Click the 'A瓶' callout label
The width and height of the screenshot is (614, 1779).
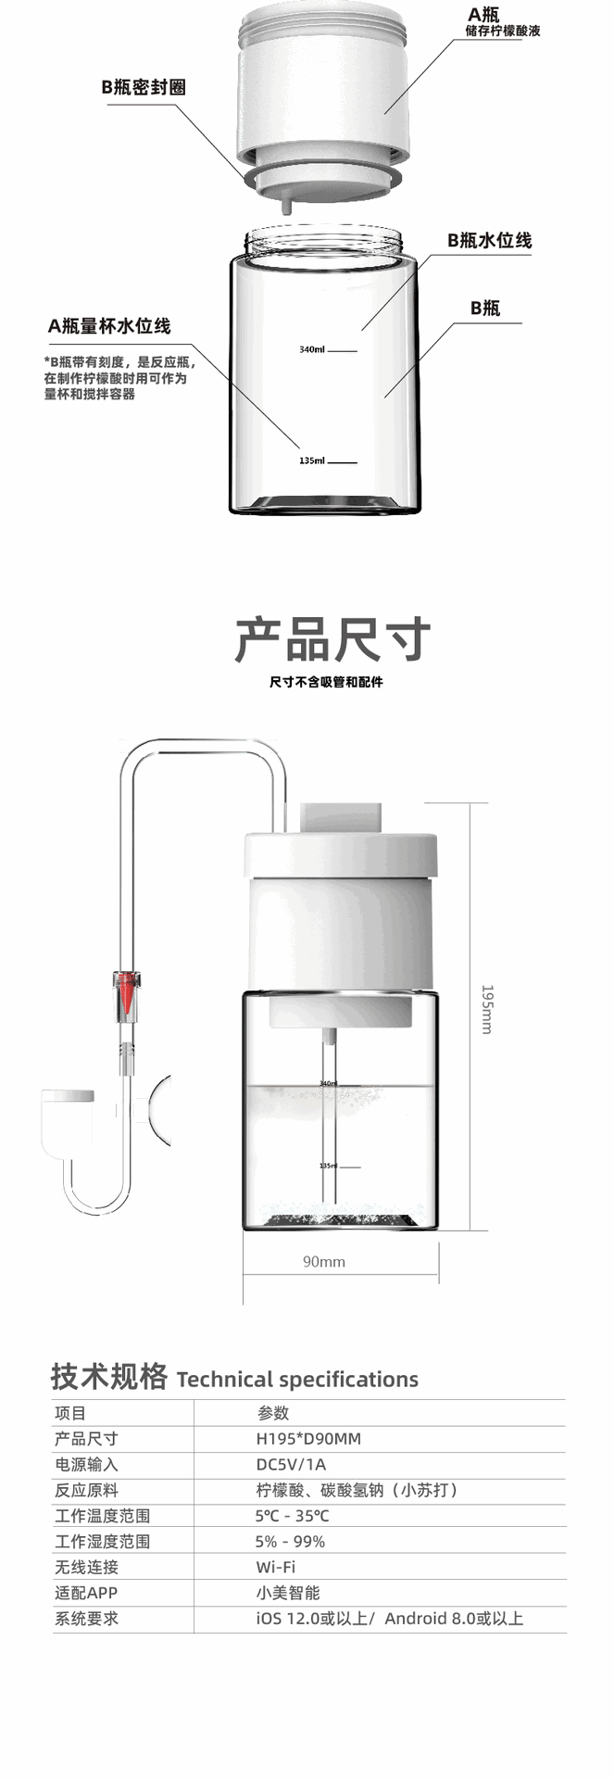(x=483, y=14)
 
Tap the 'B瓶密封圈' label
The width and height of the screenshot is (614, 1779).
(x=144, y=87)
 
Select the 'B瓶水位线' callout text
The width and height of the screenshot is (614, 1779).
(x=489, y=240)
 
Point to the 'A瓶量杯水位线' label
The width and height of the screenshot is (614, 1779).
(x=109, y=326)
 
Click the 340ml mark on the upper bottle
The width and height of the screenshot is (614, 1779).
(x=313, y=350)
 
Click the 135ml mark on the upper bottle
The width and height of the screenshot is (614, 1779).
(x=313, y=461)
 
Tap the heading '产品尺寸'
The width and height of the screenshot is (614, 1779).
(x=332, y=639)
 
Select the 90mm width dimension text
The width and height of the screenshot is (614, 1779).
(x=324, y=1261)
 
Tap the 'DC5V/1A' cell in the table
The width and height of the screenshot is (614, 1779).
(x=291, y=1465)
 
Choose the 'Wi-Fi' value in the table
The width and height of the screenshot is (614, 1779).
(x=276, y=1567)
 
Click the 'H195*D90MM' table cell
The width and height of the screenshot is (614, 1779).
(x=308, y=1439)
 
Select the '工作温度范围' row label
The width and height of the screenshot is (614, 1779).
(x=102, y=1516)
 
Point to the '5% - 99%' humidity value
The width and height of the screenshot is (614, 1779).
(x=290, y=1542)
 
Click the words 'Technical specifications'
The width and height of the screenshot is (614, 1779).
(x=297, y=1380)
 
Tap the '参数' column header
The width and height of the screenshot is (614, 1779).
(x=273, y=1413)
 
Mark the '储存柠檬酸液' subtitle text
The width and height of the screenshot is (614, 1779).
(x=502, y=32)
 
